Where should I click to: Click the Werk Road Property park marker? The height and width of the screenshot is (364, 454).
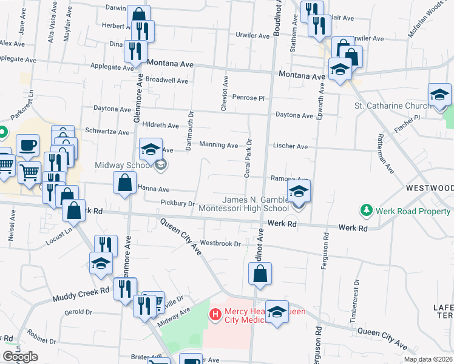366,211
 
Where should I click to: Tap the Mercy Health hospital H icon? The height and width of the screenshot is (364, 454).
214,314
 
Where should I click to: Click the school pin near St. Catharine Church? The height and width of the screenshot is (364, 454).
439,95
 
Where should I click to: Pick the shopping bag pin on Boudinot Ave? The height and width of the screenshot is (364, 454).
260,272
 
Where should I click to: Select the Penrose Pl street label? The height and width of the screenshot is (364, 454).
250,98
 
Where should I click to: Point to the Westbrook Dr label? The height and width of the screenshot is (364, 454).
220,243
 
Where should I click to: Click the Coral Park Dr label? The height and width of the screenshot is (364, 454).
248,158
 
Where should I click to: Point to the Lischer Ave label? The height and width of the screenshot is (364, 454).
291,146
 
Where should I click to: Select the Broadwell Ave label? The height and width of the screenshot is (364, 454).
167,80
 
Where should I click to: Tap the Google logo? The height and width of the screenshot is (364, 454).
21,357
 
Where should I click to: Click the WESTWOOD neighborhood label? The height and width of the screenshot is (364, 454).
430,187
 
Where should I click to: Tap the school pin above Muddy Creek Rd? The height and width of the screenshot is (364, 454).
101,263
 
